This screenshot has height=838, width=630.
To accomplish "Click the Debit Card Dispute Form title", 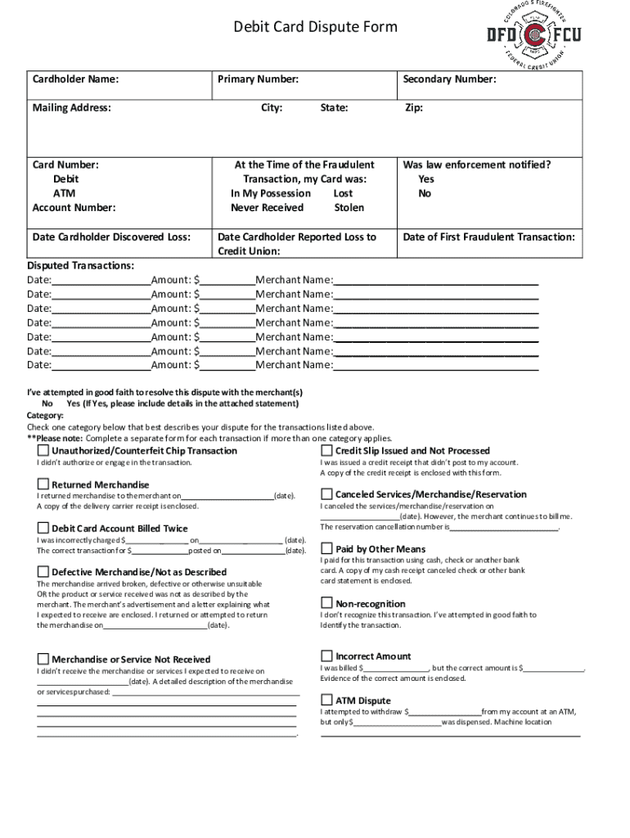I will pos(315,27).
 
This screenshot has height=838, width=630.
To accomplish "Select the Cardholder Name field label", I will pos(75,79).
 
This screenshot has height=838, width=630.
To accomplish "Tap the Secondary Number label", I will pos(448,79).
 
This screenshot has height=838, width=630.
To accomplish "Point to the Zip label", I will pos(414,108).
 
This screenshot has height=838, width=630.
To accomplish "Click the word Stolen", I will pos(349,208).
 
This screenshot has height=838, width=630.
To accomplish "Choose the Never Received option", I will pos(267,208).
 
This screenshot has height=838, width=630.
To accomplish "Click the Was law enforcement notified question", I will pos(476,164).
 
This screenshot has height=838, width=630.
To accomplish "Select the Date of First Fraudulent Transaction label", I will pos(488,237).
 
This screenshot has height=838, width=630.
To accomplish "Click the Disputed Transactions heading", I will pos(80,265).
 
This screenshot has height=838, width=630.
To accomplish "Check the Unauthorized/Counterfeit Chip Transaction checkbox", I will pos(43,451).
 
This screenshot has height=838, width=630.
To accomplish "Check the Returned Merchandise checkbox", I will pos(43,484).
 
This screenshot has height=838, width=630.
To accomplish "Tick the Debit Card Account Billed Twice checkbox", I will pos(43,528).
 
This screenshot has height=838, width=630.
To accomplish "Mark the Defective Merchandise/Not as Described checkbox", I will pos(43,571).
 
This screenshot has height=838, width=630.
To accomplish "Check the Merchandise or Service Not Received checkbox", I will pos(43,659).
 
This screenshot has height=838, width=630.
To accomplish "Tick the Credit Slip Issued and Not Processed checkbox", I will pos(326,451).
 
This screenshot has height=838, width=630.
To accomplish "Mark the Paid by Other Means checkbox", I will pos(326,548).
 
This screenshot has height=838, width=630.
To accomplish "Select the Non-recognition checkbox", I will pos(326,603).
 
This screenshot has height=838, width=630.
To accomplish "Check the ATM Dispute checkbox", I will pos(326,700).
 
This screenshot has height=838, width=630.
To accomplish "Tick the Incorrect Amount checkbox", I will pos(326,656).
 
